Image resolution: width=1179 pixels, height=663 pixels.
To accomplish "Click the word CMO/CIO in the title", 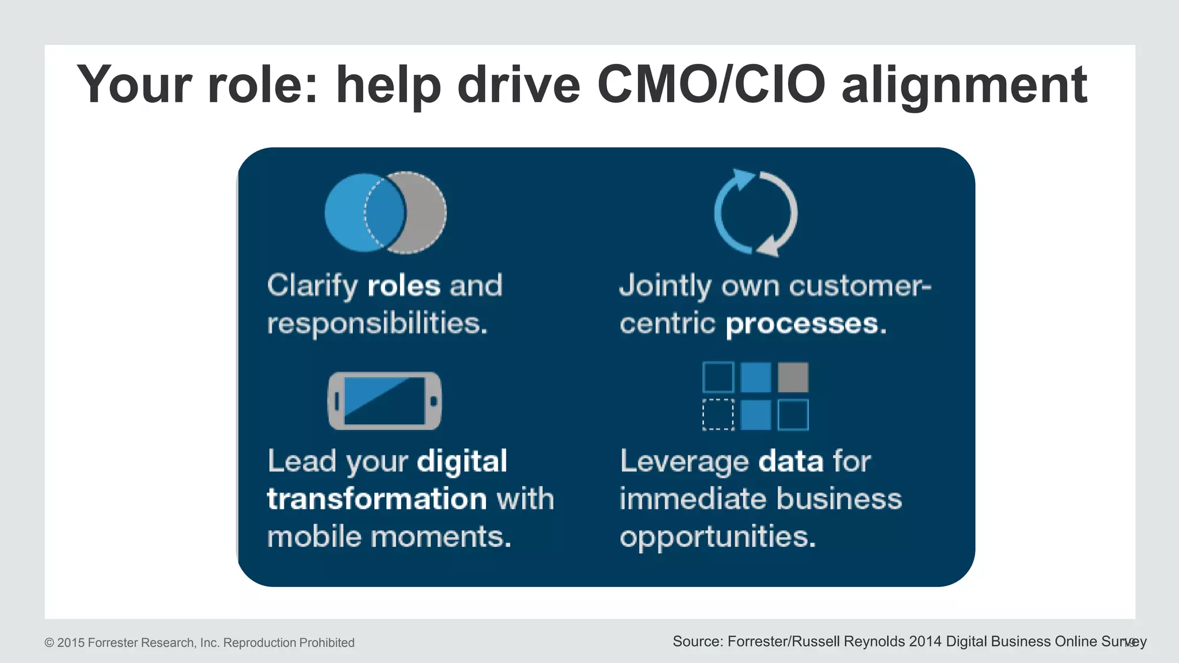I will click(x=712, y=85).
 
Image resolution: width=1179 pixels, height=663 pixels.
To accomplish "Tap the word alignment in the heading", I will click(x=964, y=86).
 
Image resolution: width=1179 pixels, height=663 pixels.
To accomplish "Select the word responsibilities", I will click(x=377, y=323).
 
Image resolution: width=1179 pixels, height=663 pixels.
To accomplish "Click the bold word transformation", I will click(x=376, y=498).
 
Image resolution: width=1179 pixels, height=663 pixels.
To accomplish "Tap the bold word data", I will click(x=791, y=462).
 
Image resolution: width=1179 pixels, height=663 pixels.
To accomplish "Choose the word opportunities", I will click(x=717, y=538).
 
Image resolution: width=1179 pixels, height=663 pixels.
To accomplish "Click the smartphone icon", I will click(x=385, y=401).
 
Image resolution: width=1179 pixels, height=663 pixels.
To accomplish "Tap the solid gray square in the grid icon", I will click(x=793, y=377).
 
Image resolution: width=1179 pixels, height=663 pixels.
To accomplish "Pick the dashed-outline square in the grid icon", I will click(x=718, y=414).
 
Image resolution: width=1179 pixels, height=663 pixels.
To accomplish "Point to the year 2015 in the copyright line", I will click(x=70, y=643).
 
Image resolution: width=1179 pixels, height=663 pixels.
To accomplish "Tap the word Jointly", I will click(x=665, y=287).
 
